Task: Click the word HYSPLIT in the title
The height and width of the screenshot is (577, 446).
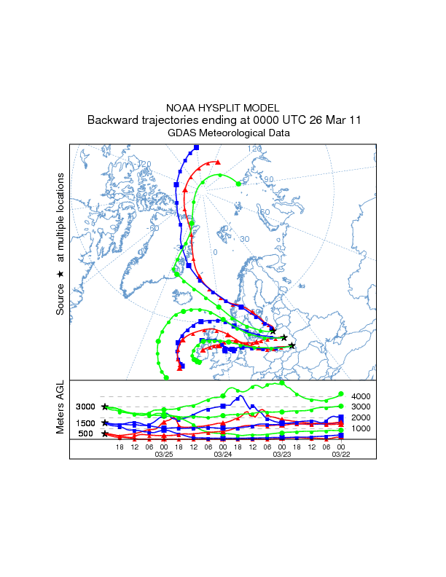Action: coord(221,108)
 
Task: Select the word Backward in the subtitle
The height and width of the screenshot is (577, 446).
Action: coord(111,120)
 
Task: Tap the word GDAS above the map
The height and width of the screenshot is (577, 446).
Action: coord(182,133)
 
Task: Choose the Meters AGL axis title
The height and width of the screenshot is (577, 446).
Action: coord(60,409)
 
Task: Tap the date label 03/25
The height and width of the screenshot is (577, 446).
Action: coord(163,454)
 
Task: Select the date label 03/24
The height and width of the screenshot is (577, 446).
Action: coord(222,454)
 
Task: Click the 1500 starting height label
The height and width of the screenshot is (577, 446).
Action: coord(86,423)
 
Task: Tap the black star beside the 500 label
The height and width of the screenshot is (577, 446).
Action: coord(106,434)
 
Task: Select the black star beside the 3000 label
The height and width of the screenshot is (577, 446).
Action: coord(106,407)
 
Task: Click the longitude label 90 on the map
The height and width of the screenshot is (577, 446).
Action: coord(268,179)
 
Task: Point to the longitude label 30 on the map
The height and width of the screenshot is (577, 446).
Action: coord(245,239)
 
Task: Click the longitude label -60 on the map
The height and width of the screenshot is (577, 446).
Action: coord(154,228)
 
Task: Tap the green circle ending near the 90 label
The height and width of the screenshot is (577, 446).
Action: coord(240,184)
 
